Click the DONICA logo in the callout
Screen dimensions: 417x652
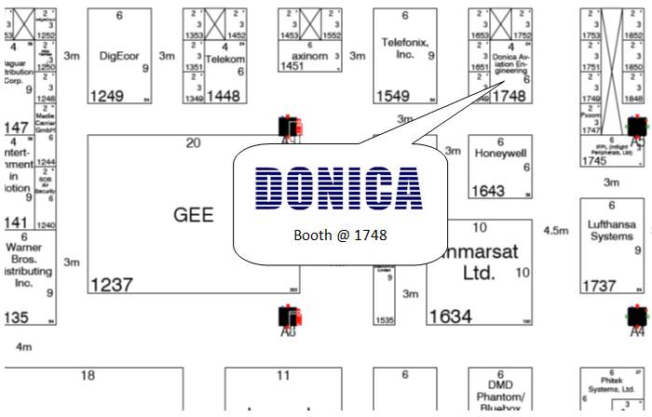click(337, 188)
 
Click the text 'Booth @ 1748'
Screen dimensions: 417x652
click(339, 235)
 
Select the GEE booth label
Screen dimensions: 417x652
click(193, 215)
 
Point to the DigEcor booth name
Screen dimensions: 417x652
click(118, 55)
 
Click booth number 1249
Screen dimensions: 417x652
click(107, 95)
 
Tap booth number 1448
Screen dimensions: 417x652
click(224, 95)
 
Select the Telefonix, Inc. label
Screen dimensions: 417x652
click(404, 47)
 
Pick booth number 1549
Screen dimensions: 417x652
click(392, 95)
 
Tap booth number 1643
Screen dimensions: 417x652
click(488, 191)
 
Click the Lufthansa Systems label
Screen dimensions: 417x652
click(611, 230)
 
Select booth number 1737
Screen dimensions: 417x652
click(600, 285)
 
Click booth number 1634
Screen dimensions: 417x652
click(450, 316)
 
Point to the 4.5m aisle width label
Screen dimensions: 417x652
click(555, 230)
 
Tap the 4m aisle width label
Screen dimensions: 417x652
click(24, 346)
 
